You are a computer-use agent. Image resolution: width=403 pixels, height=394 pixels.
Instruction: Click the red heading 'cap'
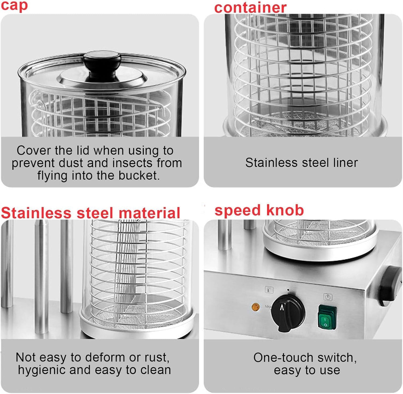click(14, 5)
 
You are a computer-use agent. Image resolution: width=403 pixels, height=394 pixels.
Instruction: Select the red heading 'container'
click(250, 7)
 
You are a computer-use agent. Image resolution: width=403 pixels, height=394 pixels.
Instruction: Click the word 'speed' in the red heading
click(238, 210)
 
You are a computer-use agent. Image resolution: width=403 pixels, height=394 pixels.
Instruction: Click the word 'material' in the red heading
click(149, 213)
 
